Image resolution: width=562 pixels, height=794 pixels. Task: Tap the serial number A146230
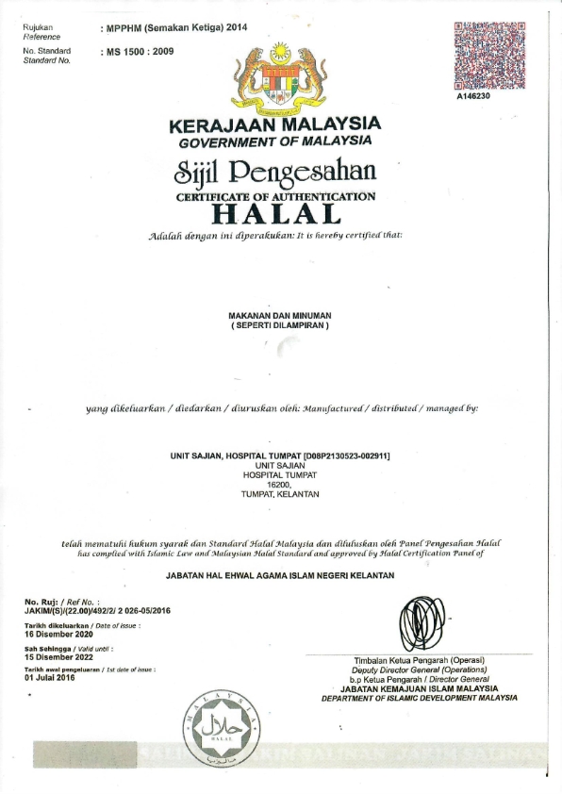click(474, 96)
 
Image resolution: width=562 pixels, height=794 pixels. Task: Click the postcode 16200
click(280, 485)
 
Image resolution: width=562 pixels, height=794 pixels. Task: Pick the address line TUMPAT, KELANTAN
click(280, 494)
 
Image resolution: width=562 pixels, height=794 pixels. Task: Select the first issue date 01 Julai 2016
click(49, 677)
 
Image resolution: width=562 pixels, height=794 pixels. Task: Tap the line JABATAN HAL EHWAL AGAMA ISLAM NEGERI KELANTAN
click(280, 575)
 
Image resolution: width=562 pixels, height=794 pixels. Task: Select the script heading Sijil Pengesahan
click(275, 173)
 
